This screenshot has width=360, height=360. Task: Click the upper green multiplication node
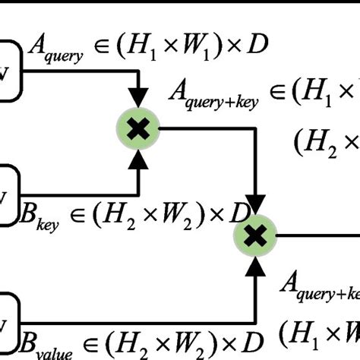137,130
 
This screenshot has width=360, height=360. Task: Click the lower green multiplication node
256,237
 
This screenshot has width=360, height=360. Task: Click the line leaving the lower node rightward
319,236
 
